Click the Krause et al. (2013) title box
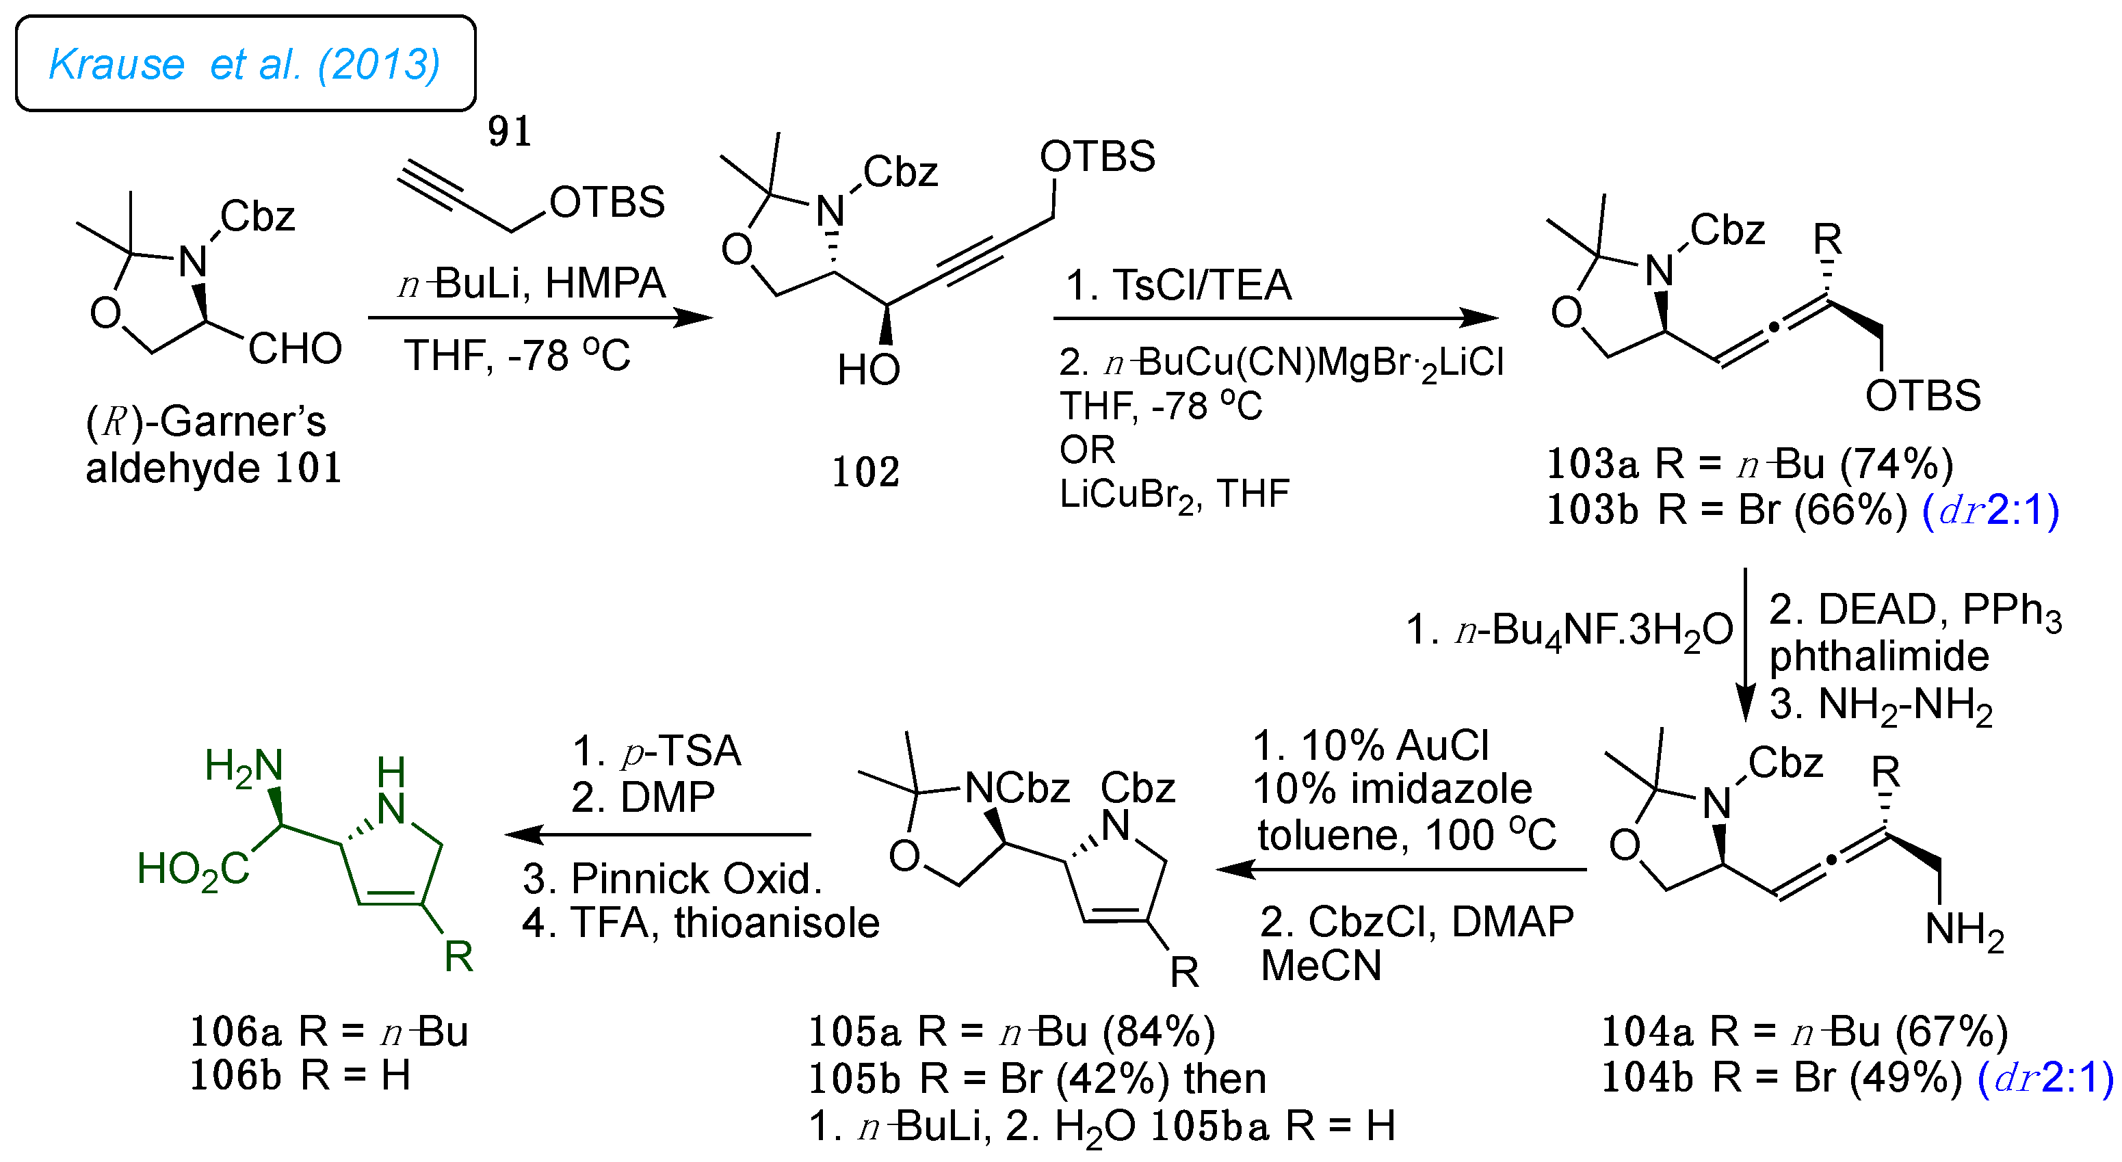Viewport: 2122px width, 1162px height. [x=246, y=64]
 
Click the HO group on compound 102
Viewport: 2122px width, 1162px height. [x=868, y=370]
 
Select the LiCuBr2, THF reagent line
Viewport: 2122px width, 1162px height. [x=1174, y=494]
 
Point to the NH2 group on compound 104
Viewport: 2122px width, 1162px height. [x=1965, y=931]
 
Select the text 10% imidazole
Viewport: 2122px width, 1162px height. [x=1392, y=789]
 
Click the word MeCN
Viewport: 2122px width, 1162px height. [x=1322, y=965]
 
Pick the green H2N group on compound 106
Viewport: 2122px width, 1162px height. [x=244, y=767]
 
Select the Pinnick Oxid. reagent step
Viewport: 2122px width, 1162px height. [x=672, y=879]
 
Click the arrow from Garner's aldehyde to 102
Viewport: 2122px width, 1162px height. [x=540, y=318]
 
